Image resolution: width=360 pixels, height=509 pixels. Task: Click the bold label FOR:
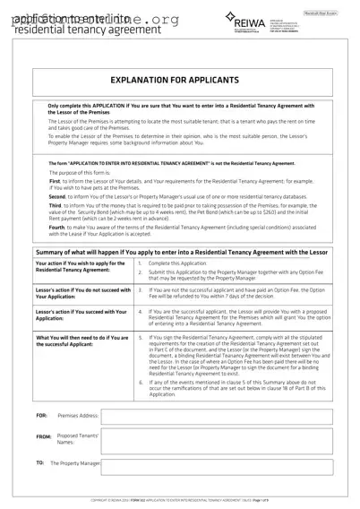[41, 416]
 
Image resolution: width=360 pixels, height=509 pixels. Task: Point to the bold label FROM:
[43, 438]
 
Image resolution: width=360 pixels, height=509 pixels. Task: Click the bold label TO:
[40, 463]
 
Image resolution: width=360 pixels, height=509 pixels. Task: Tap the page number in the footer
[304, 500]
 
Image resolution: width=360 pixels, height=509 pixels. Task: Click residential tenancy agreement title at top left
[63, 30]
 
